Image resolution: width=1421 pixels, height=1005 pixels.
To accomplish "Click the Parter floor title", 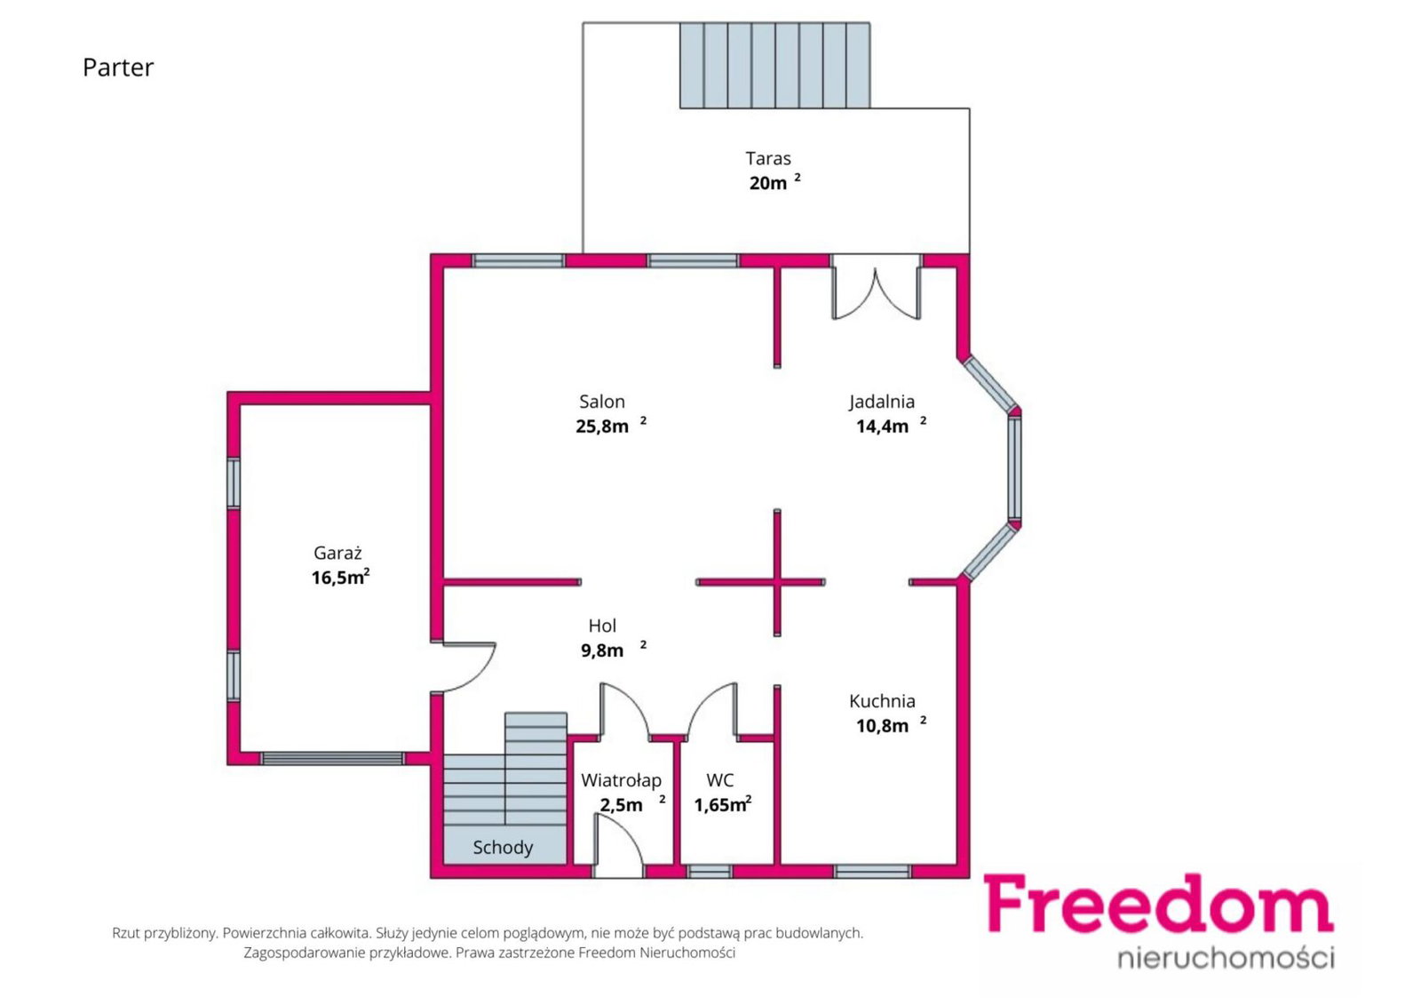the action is point(118,68).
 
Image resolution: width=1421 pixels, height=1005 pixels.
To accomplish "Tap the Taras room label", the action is point(767,158).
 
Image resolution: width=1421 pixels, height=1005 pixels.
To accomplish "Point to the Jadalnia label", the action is point(882,402).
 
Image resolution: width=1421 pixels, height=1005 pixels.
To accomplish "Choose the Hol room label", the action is point(602,626).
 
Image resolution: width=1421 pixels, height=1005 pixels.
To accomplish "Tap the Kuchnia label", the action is point(882,701).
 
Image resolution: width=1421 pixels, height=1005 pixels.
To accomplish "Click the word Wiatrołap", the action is point(621,780).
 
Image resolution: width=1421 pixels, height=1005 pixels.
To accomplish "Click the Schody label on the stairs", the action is point(503,848).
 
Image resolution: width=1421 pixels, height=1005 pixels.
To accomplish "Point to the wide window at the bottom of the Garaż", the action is point(332,759).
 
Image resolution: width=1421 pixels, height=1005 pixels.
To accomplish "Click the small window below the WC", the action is point(710,872).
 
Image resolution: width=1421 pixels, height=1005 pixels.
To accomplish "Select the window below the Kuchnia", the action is point(872,872).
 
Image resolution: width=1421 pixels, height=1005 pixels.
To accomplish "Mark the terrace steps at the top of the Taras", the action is point(774,66).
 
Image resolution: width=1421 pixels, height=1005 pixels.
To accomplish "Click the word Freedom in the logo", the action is point(1158,904).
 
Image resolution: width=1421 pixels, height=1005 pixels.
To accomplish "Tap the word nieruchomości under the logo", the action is point(1226,957).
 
